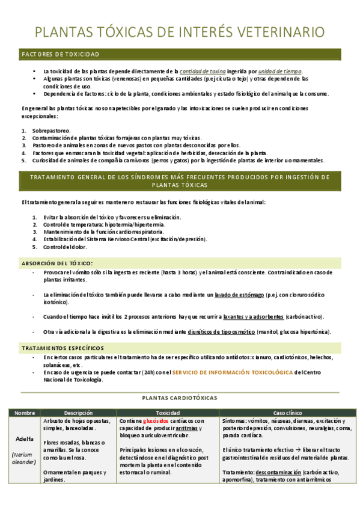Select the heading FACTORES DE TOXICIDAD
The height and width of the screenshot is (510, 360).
pos(60,55)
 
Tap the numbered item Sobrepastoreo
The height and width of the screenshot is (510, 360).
pos(51,131)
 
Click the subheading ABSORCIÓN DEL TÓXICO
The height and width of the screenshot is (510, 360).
pos(57,263)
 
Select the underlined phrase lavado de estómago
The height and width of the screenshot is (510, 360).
pos(239,295)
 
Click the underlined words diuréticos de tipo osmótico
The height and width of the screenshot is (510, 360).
pos(222,332)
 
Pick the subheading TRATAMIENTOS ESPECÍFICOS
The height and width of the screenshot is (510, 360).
pos(63,348)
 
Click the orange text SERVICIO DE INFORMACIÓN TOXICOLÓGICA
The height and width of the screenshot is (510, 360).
pos(233,372)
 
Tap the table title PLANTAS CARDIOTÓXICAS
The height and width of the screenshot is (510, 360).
pos(180,398)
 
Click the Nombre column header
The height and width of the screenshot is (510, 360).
pos(25,413)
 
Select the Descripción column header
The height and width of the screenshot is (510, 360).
pos(78,413)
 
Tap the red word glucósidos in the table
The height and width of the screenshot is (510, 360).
pos(156,421)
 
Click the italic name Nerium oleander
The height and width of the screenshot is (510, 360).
pos(25,458)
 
